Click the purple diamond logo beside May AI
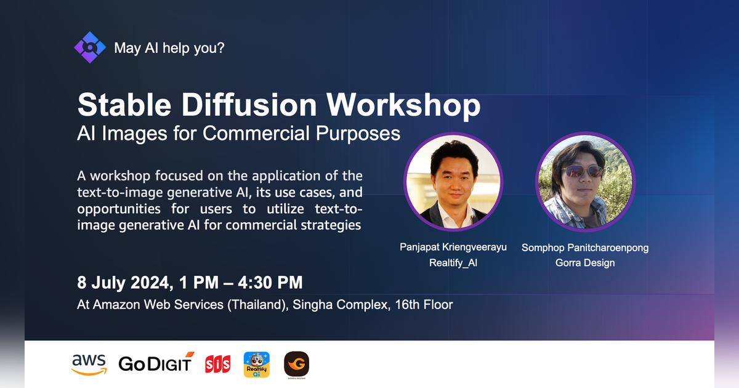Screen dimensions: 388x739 tap(90, 47)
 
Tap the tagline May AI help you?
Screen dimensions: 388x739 tap(169, 47)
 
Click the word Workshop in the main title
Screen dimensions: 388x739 tap(403, 105)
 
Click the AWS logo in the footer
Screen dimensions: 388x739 tap(89, 363)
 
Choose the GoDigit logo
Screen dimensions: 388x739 tap(156, 363)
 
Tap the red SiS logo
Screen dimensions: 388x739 tap(217, 364)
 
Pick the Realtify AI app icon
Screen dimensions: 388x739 tap(257, 364)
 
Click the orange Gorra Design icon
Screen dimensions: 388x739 tap(296, 364)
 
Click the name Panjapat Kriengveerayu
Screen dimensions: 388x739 tap(453, 248)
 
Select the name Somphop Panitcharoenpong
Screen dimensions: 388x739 tap(585, 248)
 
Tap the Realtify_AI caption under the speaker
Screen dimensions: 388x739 tap(453, 263)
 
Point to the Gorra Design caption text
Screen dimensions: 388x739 tap(585, 263)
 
